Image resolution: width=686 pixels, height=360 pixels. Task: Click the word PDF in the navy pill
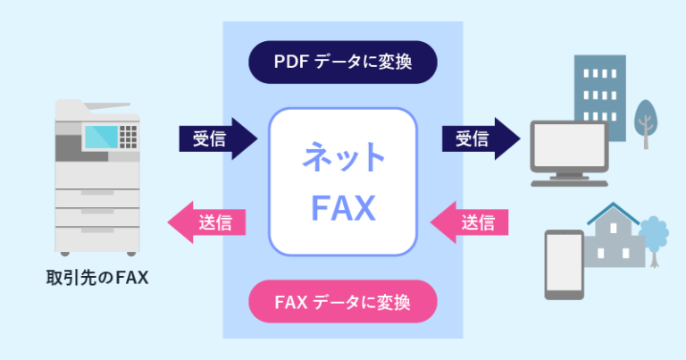(292, 63)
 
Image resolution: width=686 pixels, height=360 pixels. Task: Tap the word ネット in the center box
(344, 160)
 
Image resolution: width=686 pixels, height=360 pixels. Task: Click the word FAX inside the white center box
(344, 207)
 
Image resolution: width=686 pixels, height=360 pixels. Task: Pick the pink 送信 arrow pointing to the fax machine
(208, 222)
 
